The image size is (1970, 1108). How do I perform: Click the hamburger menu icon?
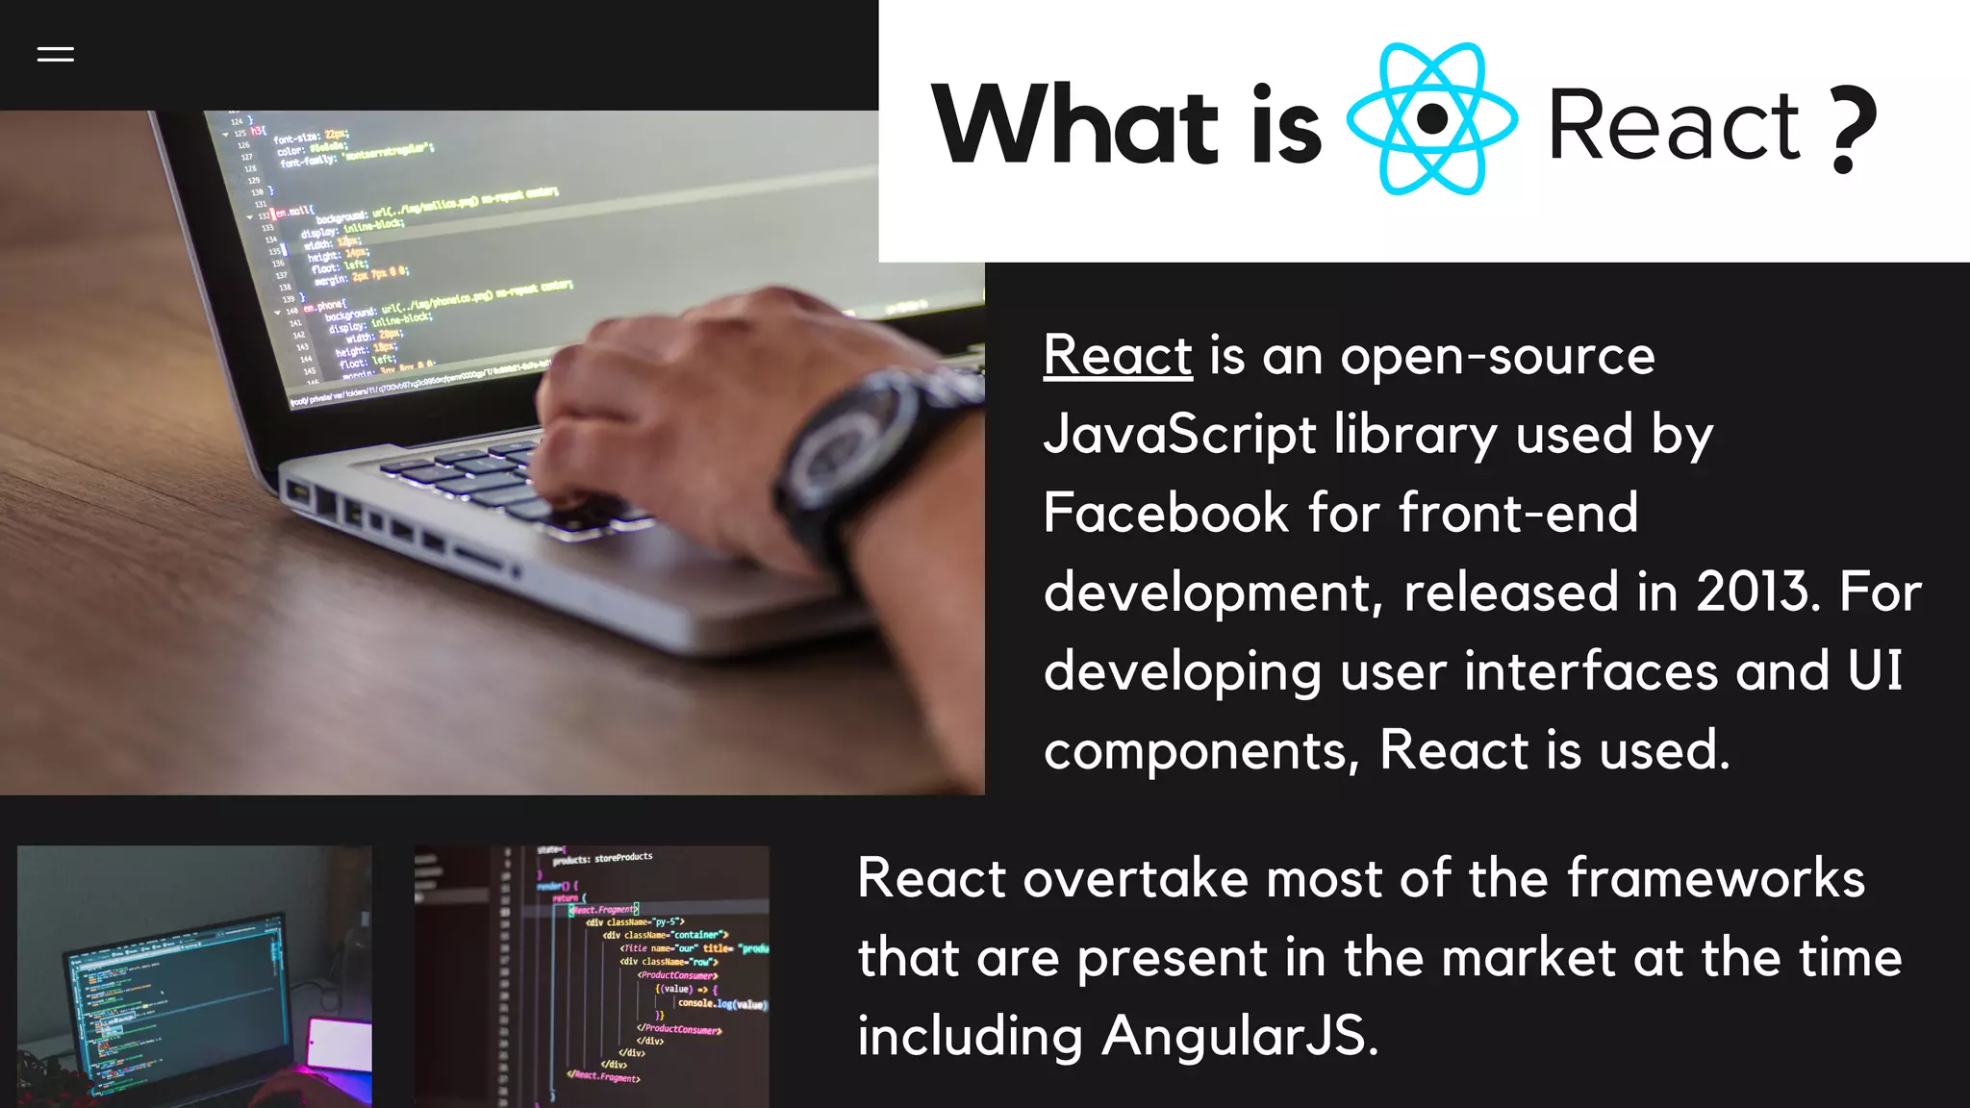click(55, 55)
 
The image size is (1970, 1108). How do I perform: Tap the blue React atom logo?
click(1432, 119)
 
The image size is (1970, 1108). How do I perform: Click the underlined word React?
click(1118, 355)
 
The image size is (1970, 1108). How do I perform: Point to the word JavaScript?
click(1179, 434)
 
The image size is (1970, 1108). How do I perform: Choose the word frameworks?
click(1716, 878)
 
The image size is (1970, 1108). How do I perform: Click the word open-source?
click(1498, 357)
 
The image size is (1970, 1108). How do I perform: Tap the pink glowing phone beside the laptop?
click(339, 1045)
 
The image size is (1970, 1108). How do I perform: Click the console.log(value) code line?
click(721, 1004)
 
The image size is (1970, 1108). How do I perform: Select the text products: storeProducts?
click(602, 858)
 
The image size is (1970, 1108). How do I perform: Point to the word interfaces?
click(1591, 670)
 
